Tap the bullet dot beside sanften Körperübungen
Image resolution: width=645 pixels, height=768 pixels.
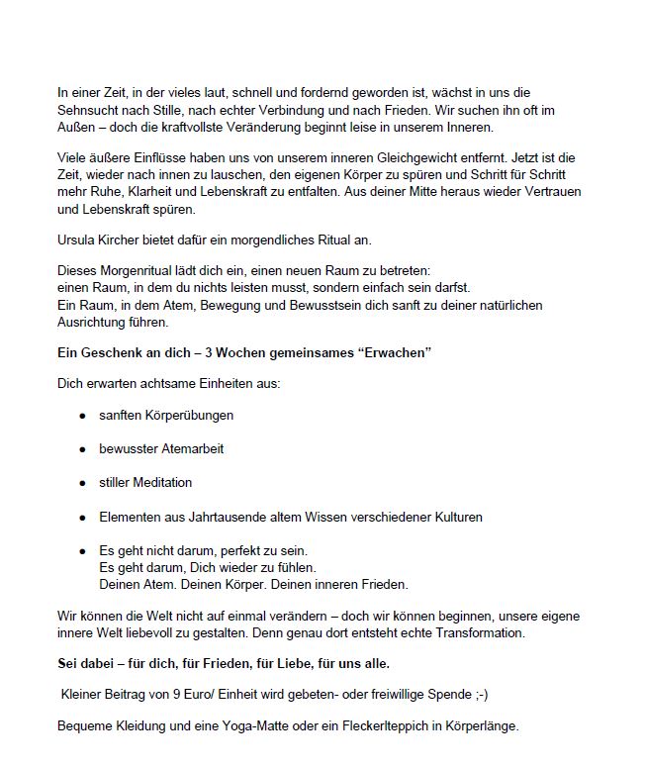(83, 416)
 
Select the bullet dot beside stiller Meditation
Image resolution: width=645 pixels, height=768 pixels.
(83, 483)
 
